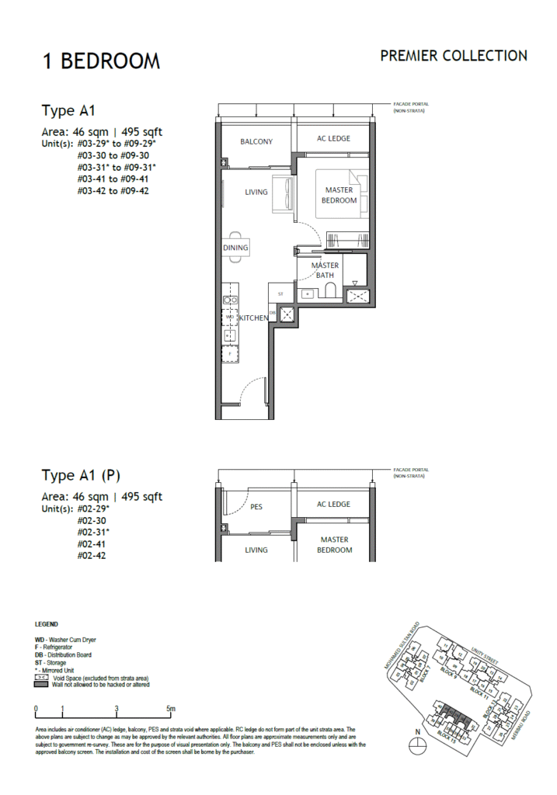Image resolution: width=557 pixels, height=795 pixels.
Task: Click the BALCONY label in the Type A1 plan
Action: coord(256,142)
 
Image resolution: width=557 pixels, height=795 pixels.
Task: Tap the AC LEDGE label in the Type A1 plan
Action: coord(333,139)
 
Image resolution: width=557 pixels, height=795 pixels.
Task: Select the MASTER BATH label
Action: coord(325,270)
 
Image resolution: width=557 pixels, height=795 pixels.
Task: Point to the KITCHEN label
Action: coord(253,318)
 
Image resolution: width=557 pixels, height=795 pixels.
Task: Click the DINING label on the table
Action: coord(235,248)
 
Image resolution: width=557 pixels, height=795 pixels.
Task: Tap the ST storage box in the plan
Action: coord(280,293)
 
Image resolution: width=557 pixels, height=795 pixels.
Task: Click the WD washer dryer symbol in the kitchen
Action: coord(230,318)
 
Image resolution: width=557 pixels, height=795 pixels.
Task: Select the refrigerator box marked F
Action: coord(230,353)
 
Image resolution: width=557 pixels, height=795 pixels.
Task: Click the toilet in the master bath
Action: coord(329,292)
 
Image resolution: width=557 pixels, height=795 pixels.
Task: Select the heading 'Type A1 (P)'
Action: coord(81,475)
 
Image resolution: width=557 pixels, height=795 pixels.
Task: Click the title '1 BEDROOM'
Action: coord(101,61)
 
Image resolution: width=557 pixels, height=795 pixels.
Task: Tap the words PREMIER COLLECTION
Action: coord(454,56)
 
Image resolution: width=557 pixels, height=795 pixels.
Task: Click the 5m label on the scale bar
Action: coord(171,709)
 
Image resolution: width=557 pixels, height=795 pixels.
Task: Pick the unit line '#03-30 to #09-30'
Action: coord(112,155)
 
